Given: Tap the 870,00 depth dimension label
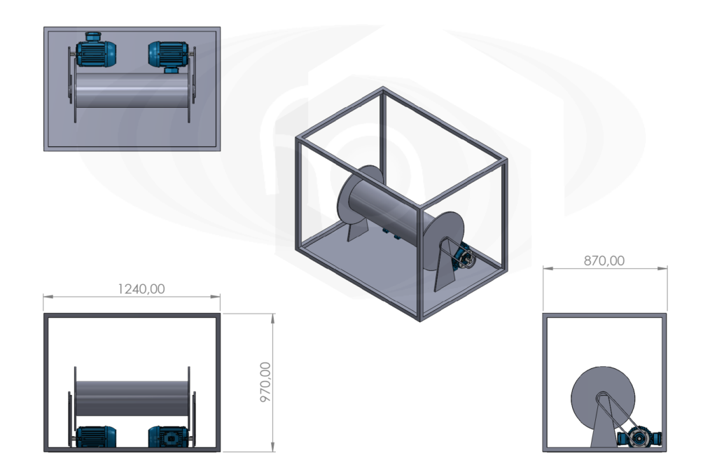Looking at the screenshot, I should coord(604,260).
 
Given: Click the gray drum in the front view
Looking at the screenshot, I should coord(132,397).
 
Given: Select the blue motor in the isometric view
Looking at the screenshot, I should coord(461,260).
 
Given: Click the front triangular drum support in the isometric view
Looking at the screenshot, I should coord(446,269).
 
